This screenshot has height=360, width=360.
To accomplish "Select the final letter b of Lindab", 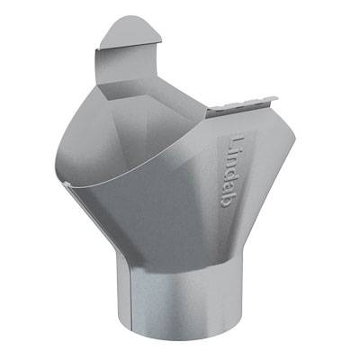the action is coord(228,201).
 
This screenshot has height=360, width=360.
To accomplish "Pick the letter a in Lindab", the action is coord(229,188).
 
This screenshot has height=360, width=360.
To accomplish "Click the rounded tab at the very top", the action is coord(130,31).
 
